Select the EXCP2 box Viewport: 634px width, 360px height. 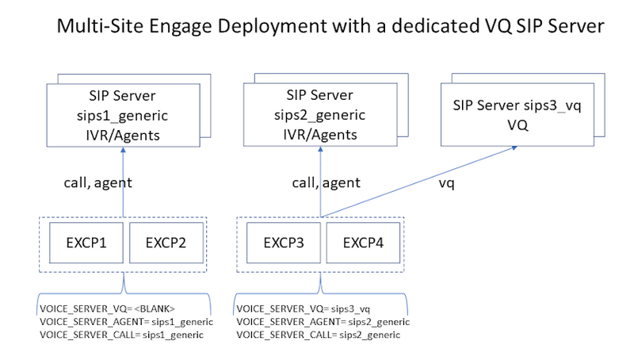coord(166,242)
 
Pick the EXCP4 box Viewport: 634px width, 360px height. coord(361,242)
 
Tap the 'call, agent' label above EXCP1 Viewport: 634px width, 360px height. coord(97,182)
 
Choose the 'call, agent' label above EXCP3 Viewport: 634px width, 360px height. coord(325,182)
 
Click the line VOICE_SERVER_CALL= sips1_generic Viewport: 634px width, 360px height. coord(120,335)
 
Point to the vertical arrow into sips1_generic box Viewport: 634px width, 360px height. coord(123,182)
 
